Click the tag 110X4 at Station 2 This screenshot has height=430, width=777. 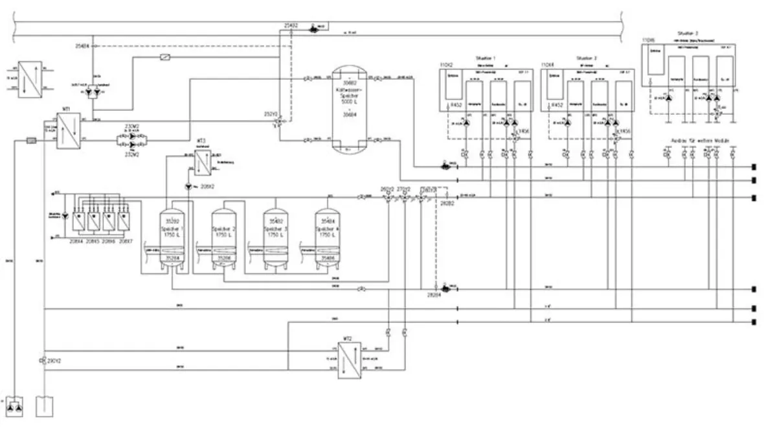click(548, 66)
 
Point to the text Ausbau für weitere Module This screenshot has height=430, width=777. click(701, 140)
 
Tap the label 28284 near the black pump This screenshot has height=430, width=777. click(433, 296)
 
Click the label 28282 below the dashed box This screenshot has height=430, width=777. click(447, 203)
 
